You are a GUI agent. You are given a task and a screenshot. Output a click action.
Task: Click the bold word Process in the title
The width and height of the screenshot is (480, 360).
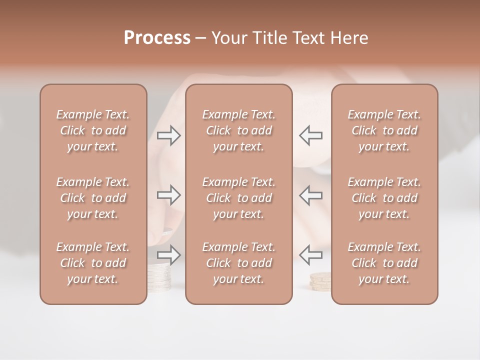tap(157, 38)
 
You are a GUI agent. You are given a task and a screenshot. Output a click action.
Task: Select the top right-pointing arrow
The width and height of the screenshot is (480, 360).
tap(168, 135)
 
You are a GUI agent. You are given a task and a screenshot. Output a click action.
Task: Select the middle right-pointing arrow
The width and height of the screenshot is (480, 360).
tap(168, 194)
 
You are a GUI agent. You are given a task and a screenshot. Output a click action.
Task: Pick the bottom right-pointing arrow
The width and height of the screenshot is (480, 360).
tap(168, 254)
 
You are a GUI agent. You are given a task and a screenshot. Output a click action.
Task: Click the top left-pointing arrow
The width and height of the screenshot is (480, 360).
tap(311, 135)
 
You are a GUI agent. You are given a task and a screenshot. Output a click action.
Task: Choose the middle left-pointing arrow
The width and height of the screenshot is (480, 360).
tap(311, 194)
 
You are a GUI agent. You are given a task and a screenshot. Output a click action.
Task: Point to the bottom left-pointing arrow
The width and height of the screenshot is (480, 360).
tap(311, 254)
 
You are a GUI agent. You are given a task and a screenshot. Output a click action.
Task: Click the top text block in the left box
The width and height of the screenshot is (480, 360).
tap(93, 130)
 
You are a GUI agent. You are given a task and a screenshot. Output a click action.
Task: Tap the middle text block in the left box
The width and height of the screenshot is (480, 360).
tap(93, 198)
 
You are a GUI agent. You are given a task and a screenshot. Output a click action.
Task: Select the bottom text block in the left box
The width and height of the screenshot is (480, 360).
tap(93, 263)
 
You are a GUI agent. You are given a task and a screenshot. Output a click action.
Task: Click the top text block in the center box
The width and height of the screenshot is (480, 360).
tap(239, 130)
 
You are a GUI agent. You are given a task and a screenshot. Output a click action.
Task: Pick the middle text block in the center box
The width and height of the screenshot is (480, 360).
tap(239, 198)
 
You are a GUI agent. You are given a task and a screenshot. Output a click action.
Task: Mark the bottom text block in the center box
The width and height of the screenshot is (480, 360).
tap(239, 263)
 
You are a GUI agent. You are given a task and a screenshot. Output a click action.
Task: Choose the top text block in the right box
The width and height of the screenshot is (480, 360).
tap(384, 130)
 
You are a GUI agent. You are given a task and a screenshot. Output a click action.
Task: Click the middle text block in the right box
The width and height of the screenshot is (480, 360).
tap(384, 198)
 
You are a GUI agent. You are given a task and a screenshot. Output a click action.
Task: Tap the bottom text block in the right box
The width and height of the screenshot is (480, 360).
tap(384, 263)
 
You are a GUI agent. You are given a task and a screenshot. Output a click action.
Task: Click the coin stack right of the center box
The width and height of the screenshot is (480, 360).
tap(320, 281)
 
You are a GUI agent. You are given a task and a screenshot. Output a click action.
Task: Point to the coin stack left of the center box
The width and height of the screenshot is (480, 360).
tap(159, 277)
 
